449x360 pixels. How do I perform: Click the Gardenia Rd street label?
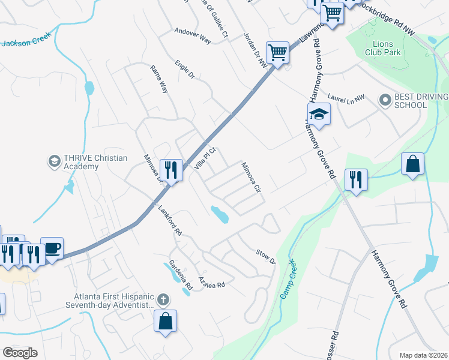coord(180,273)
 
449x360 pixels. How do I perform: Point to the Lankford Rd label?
coord(170,220)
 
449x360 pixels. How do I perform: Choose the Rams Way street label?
coord(159,79)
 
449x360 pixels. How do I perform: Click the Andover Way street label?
coord(193,35)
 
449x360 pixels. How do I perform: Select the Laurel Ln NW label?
coord(346,97)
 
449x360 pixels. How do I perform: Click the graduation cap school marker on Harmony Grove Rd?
coord(319,114)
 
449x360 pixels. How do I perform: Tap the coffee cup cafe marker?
coord(52,248)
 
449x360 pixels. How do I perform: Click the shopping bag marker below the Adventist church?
coord(165,320)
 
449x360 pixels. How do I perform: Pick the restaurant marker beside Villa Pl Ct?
coord(172,170)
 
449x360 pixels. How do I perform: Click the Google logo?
coord(20,352)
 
